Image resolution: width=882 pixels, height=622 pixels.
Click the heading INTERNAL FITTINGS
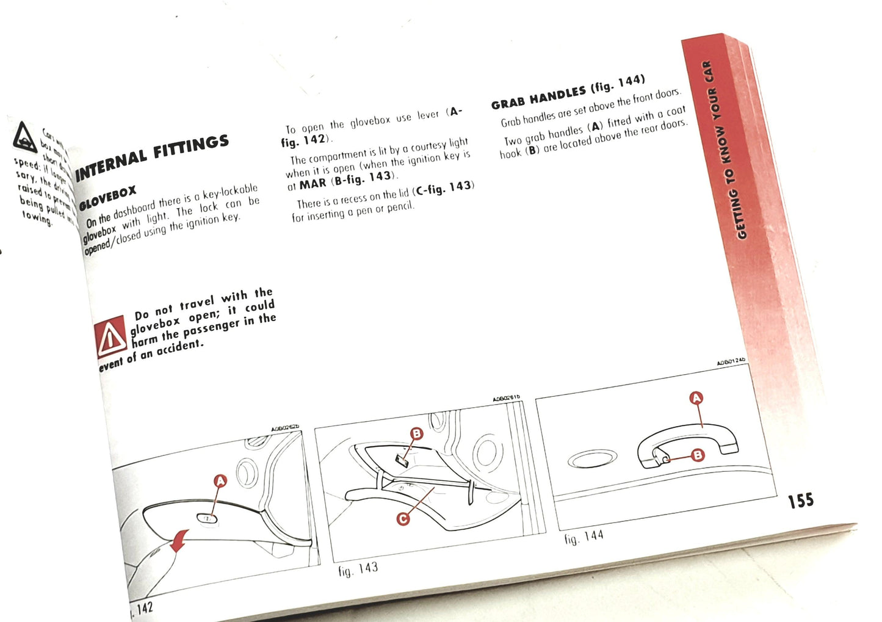[x=152, y=157]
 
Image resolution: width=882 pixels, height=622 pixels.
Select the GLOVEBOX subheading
[x=108, y=197]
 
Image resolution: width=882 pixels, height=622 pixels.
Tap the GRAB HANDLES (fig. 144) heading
[x=568, y=92]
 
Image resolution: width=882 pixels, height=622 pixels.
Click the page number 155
[x=800, y=501]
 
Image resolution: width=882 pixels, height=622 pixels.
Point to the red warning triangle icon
[x=110, y=338]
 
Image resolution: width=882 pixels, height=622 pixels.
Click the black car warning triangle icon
[x=25, y=137]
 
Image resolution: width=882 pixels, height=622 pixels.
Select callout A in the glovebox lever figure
[x=220, y=481]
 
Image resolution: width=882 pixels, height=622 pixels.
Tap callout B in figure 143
[x=416, y=434]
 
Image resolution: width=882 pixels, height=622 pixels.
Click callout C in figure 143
[x=402, y=519]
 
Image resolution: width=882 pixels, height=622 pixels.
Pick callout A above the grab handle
[x=696, y=399]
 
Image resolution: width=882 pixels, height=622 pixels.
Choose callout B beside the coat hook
[x=697, y=455]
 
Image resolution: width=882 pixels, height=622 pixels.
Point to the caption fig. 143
[x=358, y=569]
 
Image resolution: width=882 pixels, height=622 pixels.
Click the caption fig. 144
[x=584, y=537]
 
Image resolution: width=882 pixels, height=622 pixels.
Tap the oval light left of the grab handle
[x=592, y=459]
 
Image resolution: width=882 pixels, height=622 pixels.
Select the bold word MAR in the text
[x=313, y=183]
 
